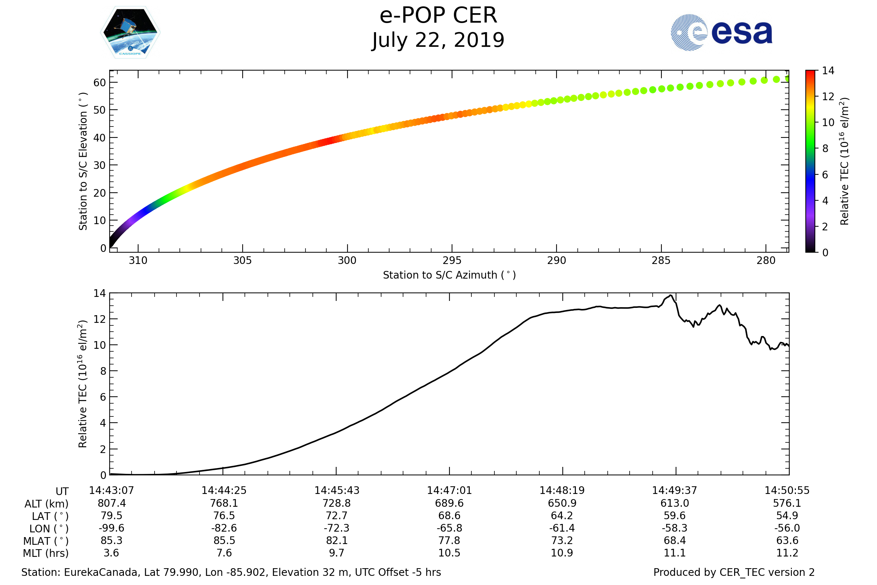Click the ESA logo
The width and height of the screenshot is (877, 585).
pos(721,33)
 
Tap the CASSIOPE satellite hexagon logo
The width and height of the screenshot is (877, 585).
pos(130,33)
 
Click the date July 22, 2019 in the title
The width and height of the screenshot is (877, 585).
pos(438,40)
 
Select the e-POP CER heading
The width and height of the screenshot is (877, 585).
pos(438,16)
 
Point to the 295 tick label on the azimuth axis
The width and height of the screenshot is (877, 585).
pos(452,260)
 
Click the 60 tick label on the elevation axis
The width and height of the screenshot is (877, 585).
pos(99,83)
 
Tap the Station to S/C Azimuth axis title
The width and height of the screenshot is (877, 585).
pos(449,275)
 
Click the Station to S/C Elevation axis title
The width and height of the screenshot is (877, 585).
pos(83,161)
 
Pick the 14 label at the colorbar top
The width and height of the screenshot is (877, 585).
pos(828,71)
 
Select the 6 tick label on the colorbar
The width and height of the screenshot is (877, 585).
pos(825,175)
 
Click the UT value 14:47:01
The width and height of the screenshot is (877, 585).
pos(449,491)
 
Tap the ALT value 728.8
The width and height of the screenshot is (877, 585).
pos(337,503)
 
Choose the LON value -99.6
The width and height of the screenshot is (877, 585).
pos(111,528)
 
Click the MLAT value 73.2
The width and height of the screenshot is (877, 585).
pos(562,541)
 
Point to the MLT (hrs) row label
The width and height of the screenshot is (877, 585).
pos(46,553)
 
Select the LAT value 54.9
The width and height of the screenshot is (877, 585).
pos(787,516)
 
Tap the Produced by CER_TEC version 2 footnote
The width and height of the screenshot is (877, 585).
pos(734,572)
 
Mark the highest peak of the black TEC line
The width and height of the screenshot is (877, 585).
pos(671,295)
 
